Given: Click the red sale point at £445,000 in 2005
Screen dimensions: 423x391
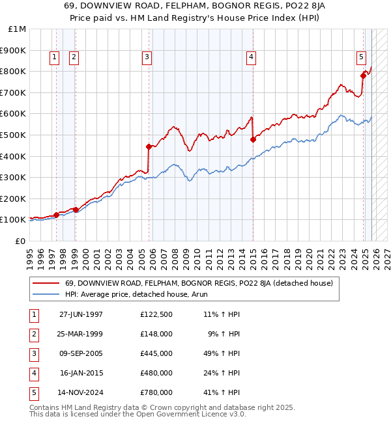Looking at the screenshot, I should [x=149, y=146].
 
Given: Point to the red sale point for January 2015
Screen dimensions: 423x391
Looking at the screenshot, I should [x=253, y=139].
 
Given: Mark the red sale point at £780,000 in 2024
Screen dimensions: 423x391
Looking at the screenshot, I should [x=363, y=75].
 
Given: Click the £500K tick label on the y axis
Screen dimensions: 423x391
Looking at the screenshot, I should [x=14, y=135].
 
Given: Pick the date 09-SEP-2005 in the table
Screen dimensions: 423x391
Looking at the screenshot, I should [x=81, y=353].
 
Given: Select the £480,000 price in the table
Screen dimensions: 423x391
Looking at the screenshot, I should [x=156, y=373].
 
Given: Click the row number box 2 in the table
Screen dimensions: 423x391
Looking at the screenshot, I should [x=33, y=334].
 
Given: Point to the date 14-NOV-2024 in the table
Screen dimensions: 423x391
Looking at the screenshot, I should [x=81, y=392].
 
